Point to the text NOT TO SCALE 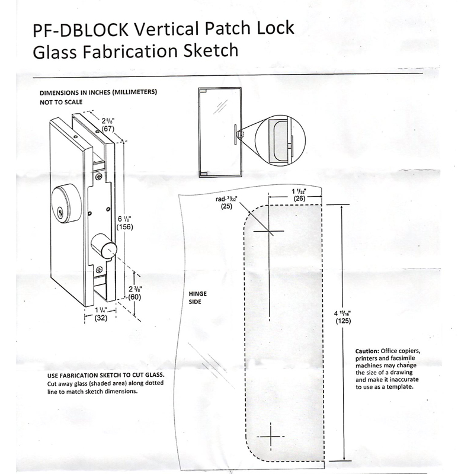point(60,102)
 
